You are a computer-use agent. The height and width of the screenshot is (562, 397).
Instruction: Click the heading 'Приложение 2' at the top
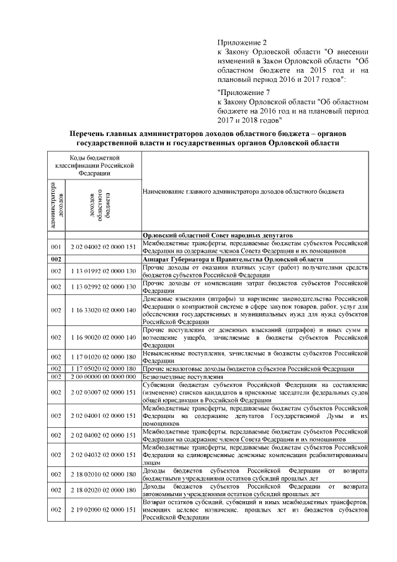239,42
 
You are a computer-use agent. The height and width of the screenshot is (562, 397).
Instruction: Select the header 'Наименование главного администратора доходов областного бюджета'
243,193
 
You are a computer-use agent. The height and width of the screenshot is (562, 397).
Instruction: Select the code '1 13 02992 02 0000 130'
104,288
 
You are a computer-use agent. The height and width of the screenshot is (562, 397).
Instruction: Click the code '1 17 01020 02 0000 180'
104,357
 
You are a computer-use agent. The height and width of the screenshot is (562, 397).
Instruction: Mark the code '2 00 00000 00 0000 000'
104,377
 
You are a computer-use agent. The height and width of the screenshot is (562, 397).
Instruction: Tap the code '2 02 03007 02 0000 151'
104,392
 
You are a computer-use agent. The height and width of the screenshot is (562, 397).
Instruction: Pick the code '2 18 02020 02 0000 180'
104,490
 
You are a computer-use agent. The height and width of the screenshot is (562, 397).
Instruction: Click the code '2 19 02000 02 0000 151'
104,510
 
